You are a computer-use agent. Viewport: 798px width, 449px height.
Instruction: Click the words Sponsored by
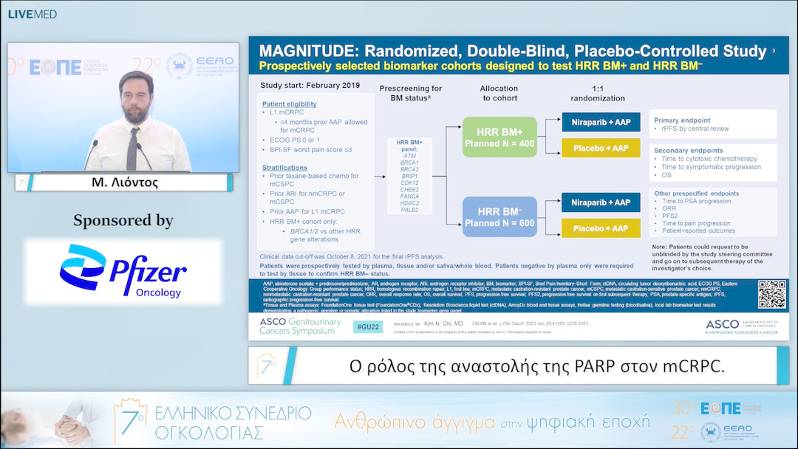pyautogui.click(x=123, y=220)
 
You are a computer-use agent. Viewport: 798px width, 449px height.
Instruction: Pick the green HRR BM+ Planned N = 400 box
pyautogui.click(x=499, y=137)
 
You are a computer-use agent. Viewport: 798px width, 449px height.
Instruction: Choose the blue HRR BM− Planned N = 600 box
pyautogui.click(x=499, y=217)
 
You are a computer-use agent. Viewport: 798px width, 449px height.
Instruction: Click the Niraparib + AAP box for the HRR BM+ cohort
pyautogui.click(x=601, y=121)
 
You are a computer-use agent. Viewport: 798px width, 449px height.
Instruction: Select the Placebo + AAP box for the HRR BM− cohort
pyautogui.click(x=601, y=227)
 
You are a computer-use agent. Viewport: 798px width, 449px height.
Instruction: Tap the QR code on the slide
pyautogui.click(x=771, y=295)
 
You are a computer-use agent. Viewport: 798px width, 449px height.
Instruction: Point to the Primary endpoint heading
pyautogui.click(x=682, y=120)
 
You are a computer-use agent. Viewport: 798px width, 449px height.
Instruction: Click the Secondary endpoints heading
pyautogui.click(x=688, y=149)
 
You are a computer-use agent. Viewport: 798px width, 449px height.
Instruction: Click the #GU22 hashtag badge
pyautogui.click(x=367, y=325)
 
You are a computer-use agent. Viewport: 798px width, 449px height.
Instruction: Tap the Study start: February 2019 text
pyautogui.click(x=310, y=86)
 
